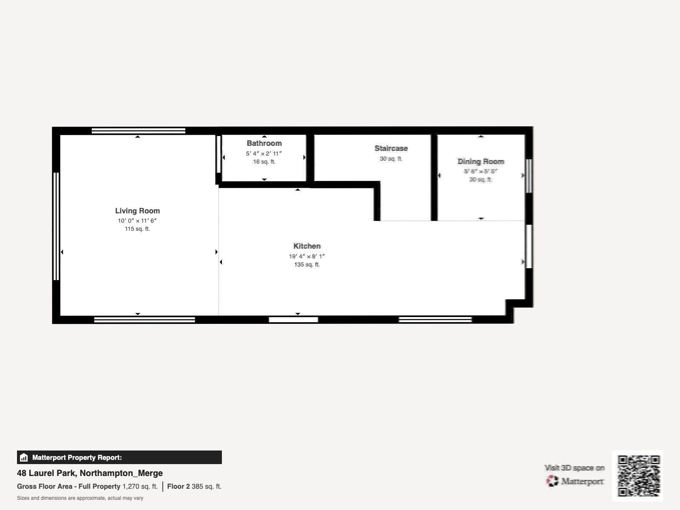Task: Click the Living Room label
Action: (138, 211)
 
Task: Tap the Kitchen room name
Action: (307, 246)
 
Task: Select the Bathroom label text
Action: (264, 143)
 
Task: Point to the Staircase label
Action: (391, 148)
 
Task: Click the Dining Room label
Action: (481, 161)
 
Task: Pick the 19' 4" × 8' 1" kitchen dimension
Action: (307, 256)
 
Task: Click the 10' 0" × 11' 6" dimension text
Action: (137, 221)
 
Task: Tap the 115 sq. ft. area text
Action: (137, 229)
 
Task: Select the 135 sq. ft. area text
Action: (307, 264)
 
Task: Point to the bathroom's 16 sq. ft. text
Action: (264, 161)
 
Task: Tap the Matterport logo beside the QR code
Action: (574, 481)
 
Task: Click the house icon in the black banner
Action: (24, 457)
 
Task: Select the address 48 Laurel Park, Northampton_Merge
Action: (90, 473)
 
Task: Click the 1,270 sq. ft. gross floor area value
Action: (140, 487)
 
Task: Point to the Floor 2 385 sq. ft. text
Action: (194, 487)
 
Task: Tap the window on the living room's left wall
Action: (56, 227)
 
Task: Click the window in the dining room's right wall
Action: (529, 176)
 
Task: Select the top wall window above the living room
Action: (139, 130)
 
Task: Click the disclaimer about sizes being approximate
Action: (80, 498)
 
